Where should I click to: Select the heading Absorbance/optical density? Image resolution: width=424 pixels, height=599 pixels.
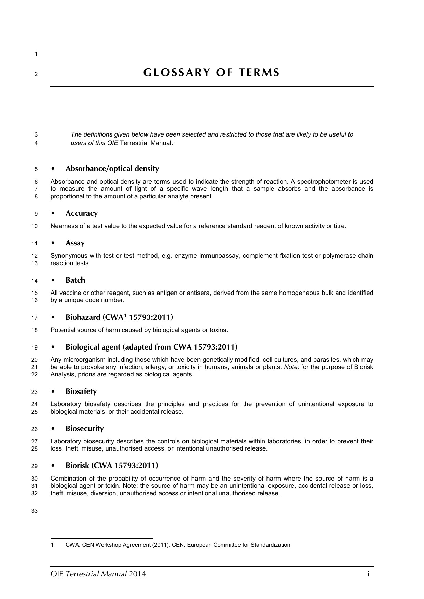(x=112, y=169)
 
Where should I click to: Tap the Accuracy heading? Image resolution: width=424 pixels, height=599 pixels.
(x=82, y=213)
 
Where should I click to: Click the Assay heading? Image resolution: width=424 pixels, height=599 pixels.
(x=75, y=243)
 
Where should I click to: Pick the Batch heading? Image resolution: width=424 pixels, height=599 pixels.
(x=75, y=280)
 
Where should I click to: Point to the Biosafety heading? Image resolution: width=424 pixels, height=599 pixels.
(x=81, y=391)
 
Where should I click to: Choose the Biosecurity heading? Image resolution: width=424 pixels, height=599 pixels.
(x=85, y=429)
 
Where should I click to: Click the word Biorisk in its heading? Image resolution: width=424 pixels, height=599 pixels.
(x=77, y=466)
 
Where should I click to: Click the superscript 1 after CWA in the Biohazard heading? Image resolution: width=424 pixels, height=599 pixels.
(x=125, y=316)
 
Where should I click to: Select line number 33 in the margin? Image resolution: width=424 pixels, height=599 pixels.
(x=35, y=511)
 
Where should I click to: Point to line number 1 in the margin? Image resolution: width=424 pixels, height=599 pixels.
(x=36, y=54)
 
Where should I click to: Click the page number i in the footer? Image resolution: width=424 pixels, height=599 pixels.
(x=368, y=574)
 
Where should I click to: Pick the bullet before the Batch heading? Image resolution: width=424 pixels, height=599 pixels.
(x=53, y=281)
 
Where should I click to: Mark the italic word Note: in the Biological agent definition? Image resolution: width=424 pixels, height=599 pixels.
(x=291, y=367)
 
